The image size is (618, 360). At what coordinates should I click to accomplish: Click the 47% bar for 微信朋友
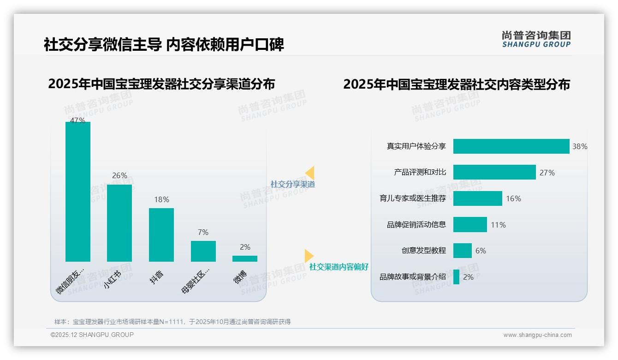coord(78,192)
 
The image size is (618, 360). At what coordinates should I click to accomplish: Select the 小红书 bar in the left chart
coord(119,223)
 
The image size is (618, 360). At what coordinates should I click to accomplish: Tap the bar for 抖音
coord(161,234)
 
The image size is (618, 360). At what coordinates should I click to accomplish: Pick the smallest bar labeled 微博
coord(245,258)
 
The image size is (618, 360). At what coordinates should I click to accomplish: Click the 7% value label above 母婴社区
coord(203,232)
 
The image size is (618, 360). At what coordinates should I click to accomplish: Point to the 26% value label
coord(119,176)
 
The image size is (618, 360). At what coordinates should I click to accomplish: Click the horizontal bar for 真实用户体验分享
coord(511,146)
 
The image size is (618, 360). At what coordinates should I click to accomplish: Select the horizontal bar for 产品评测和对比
coord(494,172)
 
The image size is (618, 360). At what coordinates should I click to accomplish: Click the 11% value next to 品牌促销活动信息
coord(498,225)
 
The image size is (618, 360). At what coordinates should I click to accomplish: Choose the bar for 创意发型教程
coord(463,251)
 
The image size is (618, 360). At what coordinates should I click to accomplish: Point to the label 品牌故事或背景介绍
coord(413,277)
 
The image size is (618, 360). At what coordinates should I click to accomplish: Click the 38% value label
coord(580,146)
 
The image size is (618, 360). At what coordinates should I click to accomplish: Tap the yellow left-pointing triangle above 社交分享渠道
coord(310,173)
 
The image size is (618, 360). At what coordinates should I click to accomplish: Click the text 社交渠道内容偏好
coord(339,267)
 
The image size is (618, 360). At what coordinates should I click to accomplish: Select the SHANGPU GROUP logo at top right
coord(536,39)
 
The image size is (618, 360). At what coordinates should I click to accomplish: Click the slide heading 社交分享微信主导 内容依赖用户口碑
coord(164,44)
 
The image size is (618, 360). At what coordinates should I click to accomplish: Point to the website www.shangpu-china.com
coord(537,335)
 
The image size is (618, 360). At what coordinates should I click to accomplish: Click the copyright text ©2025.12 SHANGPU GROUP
coord(92,335)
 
